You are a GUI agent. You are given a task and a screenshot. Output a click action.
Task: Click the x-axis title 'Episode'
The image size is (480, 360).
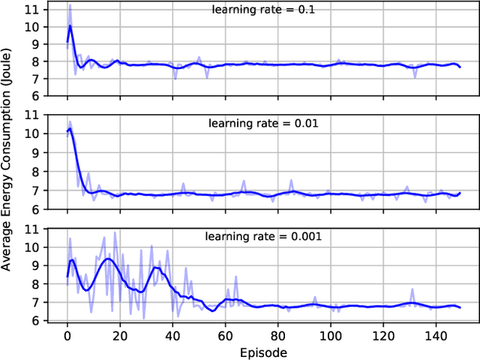click(263, 351)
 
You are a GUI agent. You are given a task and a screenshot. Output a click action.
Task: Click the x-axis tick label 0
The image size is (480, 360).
click(67, 335)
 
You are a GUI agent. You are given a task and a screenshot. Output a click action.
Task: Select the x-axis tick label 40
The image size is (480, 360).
click(172, 335)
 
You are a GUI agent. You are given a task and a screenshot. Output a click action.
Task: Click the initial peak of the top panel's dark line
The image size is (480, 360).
click(70, 25)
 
